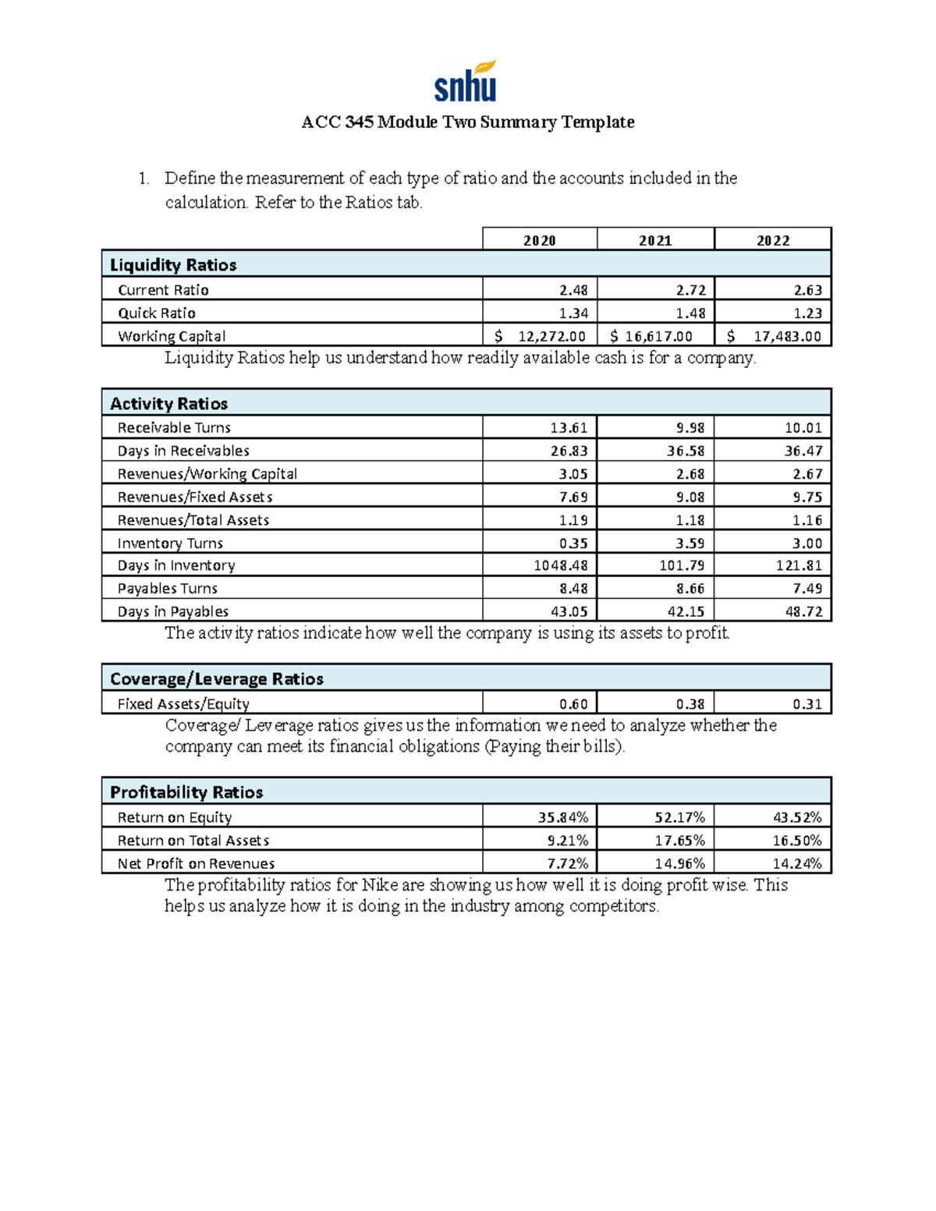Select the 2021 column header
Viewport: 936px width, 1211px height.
tap(655, 240)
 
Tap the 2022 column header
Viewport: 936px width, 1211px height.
tap(773, 240)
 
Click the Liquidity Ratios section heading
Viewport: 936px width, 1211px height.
tap(173, 265)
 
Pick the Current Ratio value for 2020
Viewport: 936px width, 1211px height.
tap(573, 290)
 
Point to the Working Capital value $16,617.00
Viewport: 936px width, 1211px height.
tap(651, 336)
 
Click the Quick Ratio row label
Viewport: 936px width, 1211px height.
tap(157, 313)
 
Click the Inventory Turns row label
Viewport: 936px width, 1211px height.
tap(170, 544)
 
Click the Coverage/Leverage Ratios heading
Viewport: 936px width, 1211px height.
tap(217, 679)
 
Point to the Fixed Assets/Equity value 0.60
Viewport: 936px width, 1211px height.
tap(573, 704)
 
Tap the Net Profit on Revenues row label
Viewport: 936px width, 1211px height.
tap(196, 864)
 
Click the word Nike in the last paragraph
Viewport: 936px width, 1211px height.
tap(380, 885)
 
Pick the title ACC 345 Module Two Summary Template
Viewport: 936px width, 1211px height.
tap(468, 122)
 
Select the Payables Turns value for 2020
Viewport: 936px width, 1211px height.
tap(573, 589)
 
